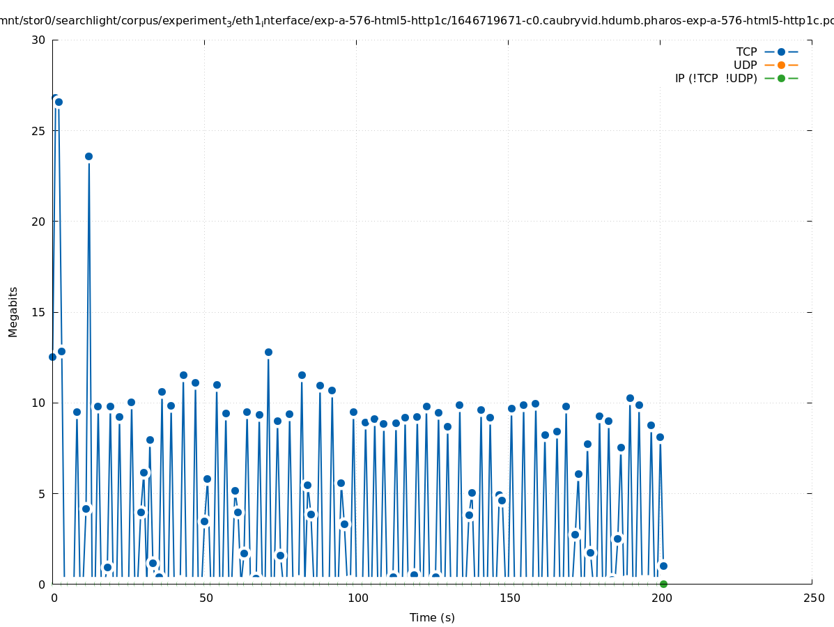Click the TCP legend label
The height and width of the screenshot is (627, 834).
pos(746,52)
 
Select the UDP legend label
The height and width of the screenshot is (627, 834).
pos(745,65)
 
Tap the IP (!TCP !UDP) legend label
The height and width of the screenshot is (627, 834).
pos(716,78)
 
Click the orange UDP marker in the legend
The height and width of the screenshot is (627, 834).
pos(781,65)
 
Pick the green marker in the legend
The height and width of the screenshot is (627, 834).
pos(781,78)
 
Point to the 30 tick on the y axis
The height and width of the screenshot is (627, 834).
pos(38,40)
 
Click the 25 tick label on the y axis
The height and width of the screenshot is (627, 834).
pos(38,131)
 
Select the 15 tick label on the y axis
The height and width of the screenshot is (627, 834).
pos(38,312)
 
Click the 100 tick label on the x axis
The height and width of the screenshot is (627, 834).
pos(357,598)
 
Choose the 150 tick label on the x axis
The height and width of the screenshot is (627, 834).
pos(509,598)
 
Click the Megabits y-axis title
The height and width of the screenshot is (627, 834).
pos(13,311)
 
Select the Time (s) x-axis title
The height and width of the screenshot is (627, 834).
pos(432,617)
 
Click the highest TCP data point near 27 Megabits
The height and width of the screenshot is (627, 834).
pos(55,98)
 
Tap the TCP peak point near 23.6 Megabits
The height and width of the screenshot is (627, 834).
pos(88,156)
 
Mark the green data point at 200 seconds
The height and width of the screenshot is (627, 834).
pos(663,584)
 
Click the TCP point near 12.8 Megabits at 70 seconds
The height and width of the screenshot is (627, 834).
pos(268,352)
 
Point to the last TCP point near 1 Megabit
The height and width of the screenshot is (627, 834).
pos(663,566)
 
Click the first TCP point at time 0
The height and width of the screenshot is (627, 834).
pos(52,357)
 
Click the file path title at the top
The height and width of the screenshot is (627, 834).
pos(417,21)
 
